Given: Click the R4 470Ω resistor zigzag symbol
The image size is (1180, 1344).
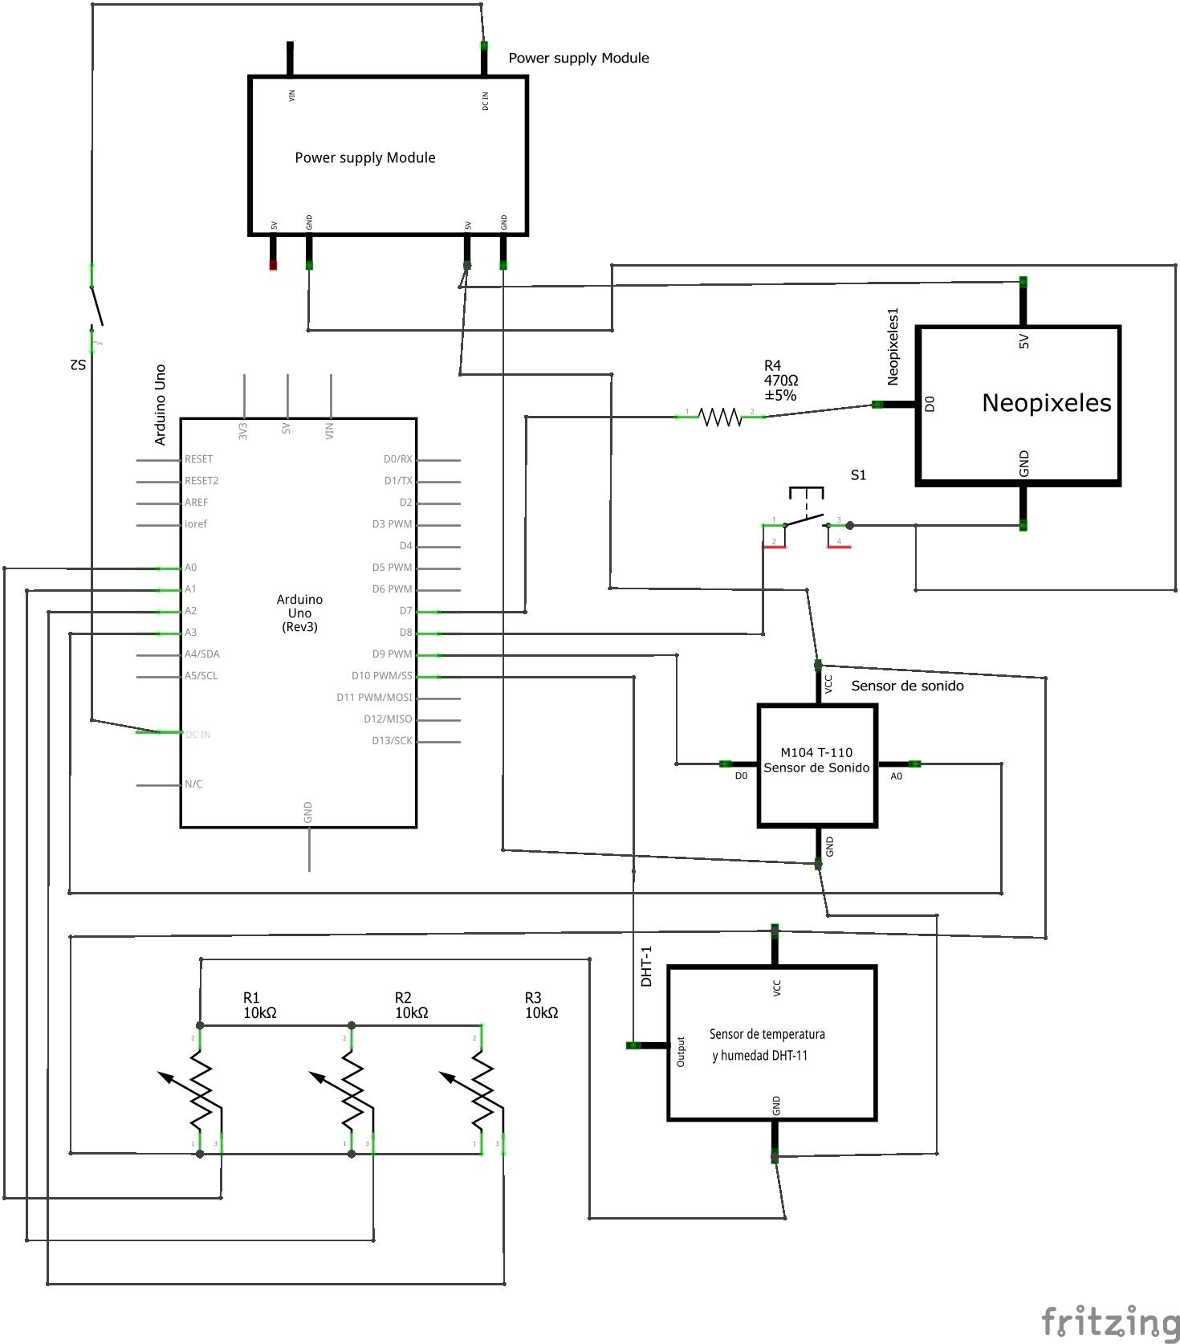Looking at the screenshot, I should (719, 417).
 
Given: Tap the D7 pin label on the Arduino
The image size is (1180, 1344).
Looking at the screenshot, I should (405, 611).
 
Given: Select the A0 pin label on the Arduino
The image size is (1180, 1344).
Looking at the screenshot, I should (191, 568).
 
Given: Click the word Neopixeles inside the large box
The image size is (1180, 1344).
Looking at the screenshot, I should (1046, 402).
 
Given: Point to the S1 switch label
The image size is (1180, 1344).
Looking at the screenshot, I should (858, 475).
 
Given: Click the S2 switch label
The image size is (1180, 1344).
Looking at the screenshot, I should (77, 365).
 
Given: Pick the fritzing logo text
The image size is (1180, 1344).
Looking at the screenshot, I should (1110, 1320).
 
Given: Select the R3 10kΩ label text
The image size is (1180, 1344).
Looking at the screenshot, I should (541, 1005).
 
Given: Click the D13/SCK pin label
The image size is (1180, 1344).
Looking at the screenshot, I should (392, 740).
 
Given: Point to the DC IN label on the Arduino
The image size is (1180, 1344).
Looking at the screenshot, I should (198, 735).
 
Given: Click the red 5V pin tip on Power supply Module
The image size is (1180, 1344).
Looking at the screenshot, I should (273, 265).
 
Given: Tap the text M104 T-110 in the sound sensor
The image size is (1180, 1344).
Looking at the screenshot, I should (816, 752).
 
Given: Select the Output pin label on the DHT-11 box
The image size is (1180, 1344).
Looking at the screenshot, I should (681, 1051).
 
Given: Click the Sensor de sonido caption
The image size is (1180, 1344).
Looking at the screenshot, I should (907, 686).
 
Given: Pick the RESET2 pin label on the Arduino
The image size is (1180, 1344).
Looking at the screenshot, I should (201, 481).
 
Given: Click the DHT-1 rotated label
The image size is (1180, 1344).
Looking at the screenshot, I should (646, 966).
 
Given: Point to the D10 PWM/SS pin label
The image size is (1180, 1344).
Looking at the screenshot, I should (381, 676).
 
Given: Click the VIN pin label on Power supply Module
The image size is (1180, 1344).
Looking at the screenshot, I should (291, 95).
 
